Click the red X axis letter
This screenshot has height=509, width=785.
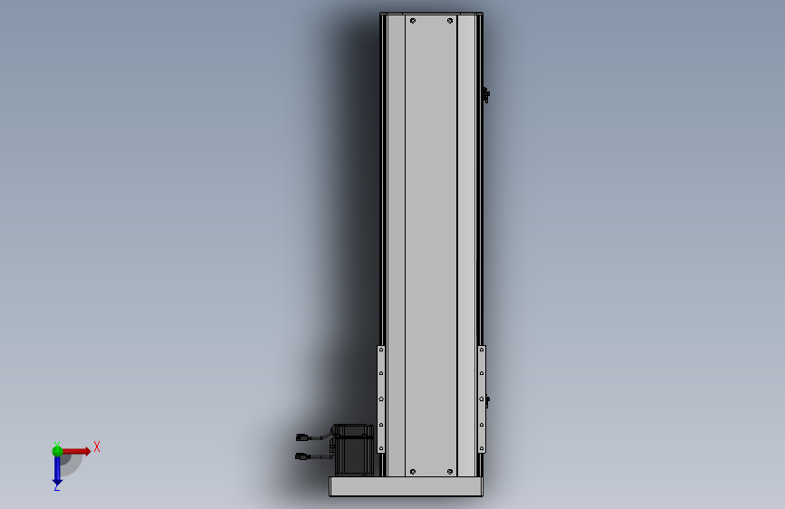(97, 447)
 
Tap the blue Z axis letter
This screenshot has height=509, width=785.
(56, 487)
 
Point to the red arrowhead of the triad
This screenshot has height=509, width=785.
(88, 451)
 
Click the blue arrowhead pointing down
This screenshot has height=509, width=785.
(57, 483)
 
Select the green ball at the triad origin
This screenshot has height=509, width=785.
(57, 451)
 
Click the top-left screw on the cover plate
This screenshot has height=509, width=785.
(413, 21)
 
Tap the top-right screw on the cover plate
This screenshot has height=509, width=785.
(450, 21)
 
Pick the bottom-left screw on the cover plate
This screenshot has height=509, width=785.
(413, 472)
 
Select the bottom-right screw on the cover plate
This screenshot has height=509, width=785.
(450, 472)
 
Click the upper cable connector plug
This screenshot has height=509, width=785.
(302, 437)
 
